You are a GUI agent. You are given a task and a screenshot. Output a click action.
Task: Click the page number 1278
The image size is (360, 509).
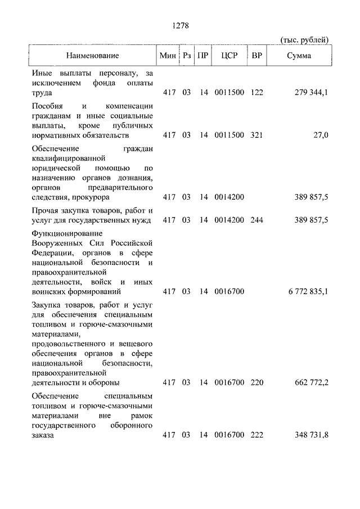pyautogui.click(x=179, y=25)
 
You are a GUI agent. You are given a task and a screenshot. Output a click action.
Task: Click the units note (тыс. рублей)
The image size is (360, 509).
pyautogui.click(x=304, y=39)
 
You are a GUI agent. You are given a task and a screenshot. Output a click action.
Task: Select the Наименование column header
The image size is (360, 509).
pyautogui.click(x=93, y=56)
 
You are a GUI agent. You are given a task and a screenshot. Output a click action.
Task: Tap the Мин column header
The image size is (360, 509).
pyautogui.click(x=167, y=56)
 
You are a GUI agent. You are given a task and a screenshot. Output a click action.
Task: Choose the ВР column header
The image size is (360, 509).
pyautogui.click(x=256, y=56)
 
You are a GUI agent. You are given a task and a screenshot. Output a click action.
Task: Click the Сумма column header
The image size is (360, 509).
pyautogui.click(x=299, y=56)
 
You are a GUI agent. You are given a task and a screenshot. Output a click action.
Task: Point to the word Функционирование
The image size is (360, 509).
pyautogui.click(x=66, y=233)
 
